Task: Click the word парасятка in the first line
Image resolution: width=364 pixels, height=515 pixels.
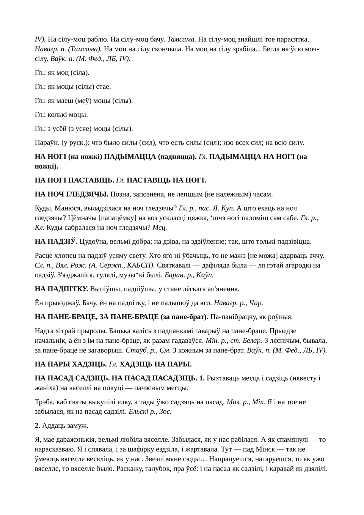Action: pyautogui.click(x=293, y=39)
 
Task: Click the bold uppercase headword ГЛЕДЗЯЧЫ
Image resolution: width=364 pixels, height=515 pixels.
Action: pyautogui.click(x=87, y=194)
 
